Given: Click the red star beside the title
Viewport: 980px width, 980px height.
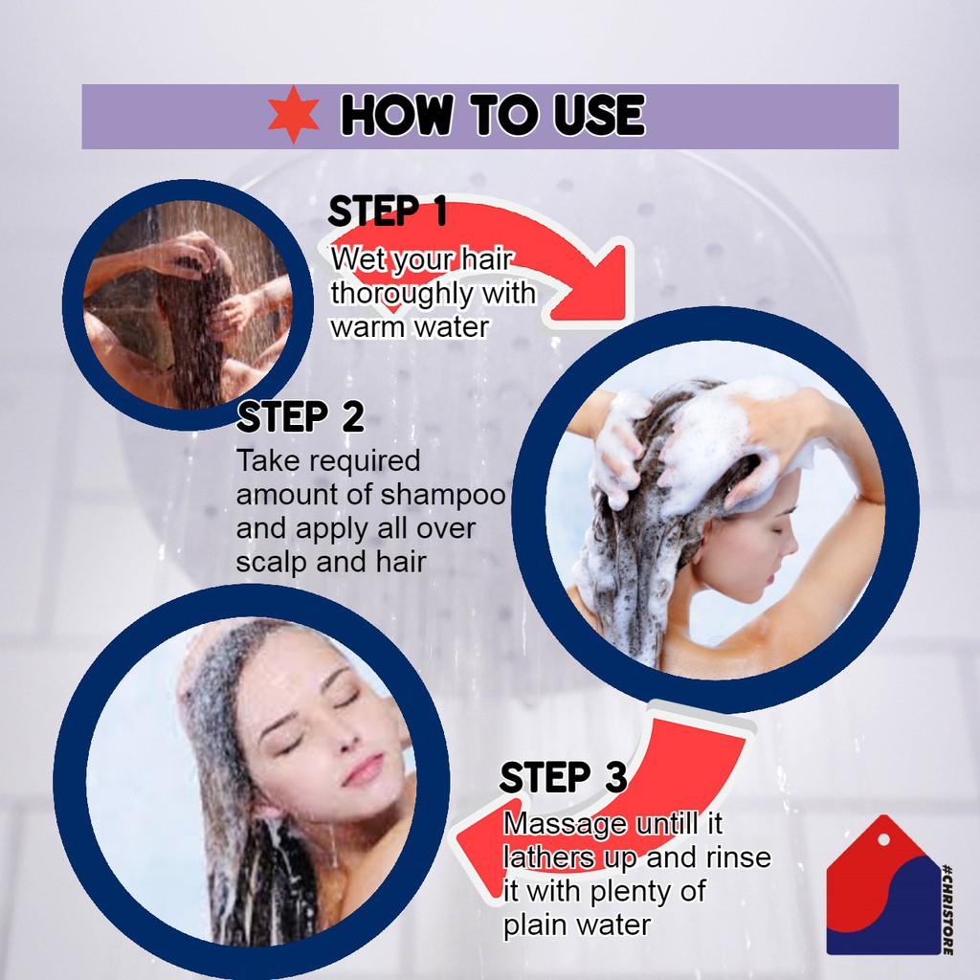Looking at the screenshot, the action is (293, 115).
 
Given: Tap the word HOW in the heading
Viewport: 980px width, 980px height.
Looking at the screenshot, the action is (396, 115).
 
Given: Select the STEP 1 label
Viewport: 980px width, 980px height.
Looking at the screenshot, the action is (388, 211).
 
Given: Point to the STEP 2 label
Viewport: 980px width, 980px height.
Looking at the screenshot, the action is (300, 417).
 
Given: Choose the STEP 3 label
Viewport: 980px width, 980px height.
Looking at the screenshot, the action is (563, 777).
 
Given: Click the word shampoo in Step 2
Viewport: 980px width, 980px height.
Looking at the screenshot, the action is (443, 496).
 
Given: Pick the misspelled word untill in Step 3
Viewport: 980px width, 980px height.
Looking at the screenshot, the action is (666, 824).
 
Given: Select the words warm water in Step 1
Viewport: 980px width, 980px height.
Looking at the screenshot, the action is (410, 327).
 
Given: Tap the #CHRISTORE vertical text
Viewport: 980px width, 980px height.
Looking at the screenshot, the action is (947, 909).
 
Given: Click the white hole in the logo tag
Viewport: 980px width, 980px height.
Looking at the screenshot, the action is (883, 840).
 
